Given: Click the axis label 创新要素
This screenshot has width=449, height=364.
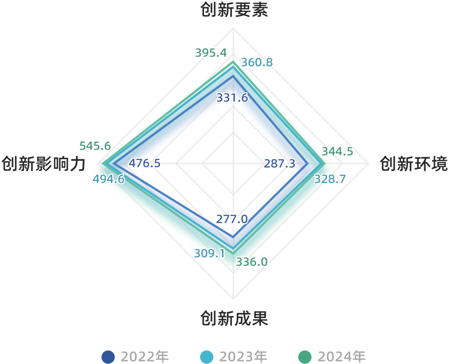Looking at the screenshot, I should coord(234,10).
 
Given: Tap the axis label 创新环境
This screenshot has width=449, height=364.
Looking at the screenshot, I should coord(414,164).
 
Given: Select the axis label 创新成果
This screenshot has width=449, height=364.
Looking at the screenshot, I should coord(234,318).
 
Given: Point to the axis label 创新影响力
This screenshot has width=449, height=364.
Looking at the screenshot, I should coord(43,164).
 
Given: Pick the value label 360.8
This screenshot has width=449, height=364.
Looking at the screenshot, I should coord(256,62).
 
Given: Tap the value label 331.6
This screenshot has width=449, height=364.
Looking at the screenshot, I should coord(232,98).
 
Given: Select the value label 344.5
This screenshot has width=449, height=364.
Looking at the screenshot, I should coord(337,151).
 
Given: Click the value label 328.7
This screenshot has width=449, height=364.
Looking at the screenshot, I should coord(330,179).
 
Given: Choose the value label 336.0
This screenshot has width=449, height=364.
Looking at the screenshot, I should coord(251,261).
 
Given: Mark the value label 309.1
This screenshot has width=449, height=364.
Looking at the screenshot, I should coord(209,253).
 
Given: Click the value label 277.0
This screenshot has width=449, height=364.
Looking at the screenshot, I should coord(232,219).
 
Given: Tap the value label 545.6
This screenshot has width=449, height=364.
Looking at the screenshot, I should coord(95,146).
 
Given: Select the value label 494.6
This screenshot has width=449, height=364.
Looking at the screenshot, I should coord(109,179).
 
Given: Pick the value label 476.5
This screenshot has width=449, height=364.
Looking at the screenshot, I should coord(145,163).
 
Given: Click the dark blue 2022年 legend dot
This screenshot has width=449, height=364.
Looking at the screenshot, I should coord(108,357).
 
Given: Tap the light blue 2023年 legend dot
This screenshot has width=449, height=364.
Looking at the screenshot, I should coord(206,357).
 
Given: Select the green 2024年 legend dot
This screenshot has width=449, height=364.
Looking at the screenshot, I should coord(304,357).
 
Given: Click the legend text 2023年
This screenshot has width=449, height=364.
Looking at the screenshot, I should coord(243,357).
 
